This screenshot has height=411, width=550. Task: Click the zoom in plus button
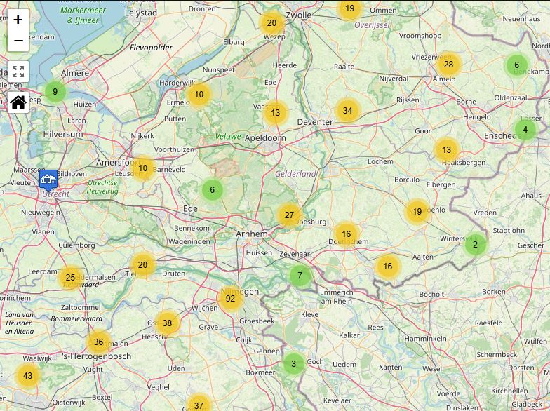coord(18,20)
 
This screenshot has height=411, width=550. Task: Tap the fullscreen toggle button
coord(18,72)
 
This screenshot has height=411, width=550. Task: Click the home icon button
coord(18,102)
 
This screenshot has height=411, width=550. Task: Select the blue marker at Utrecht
coord(48,180)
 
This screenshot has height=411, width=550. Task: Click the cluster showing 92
coord(230,299)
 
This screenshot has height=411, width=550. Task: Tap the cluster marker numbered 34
coord(347,111)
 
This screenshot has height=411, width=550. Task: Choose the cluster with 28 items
coord(448,65)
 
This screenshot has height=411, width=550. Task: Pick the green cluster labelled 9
coord(55,92)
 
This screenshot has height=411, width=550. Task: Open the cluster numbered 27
coord(289,215)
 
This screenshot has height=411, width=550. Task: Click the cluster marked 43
coord(28,376)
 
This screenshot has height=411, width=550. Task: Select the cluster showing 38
coord(167,323)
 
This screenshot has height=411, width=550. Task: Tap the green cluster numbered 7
coord(300,276)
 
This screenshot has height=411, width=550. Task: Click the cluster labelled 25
coord(70,278)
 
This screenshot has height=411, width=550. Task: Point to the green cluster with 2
coord(475,245)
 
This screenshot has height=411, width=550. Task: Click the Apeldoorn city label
coord(265,138)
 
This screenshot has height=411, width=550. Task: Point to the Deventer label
coord(315,122)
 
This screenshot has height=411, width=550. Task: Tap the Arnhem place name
coord(251,234)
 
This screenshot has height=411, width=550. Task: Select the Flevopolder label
coord(151,48)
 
